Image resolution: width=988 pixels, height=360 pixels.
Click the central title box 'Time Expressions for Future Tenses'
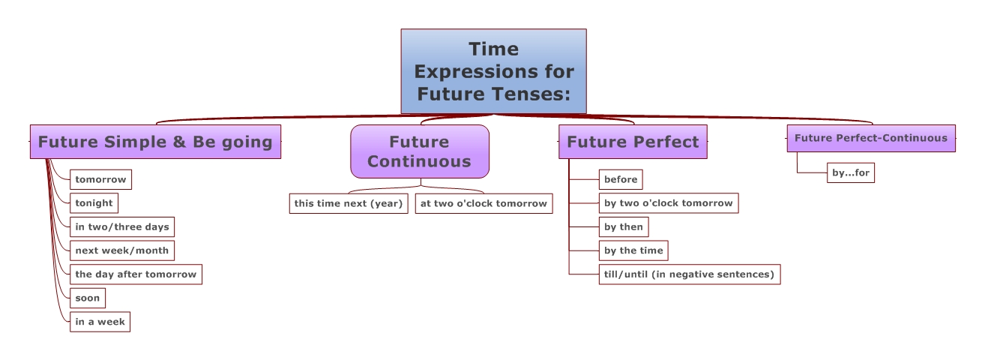point(493,71)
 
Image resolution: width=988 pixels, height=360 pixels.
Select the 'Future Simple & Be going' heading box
point(155,142)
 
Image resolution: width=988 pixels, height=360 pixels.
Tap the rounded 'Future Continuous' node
point(420,151)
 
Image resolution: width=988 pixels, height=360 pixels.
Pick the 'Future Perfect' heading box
point(633,142)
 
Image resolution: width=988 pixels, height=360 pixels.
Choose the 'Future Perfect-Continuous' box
point(871,138)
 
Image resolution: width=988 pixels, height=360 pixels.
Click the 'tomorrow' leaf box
point(100,179)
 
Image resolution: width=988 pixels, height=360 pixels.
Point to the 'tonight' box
point(94,203)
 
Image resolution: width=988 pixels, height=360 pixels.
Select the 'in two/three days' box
point(122,226)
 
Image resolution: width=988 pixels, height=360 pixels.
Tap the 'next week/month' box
point(122,250)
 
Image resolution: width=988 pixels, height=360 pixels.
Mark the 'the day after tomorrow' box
point(136,274)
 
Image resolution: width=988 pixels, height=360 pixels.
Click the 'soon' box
point(88,298)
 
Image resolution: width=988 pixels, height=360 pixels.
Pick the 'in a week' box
point(100,322)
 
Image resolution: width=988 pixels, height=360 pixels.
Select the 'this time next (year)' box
point(349,203)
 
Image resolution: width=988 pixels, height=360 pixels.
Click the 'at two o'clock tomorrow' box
point(484,203)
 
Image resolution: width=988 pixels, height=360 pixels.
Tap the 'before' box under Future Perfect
point(621,179)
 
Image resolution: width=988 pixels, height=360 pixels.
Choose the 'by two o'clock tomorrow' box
point(669,203)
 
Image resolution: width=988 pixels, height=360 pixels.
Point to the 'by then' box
point(624,226)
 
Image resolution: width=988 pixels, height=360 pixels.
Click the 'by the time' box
point(633,250)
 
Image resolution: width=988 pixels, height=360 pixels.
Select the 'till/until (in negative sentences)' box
point(690,274)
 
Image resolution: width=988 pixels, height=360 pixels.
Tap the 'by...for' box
point(851,172)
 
